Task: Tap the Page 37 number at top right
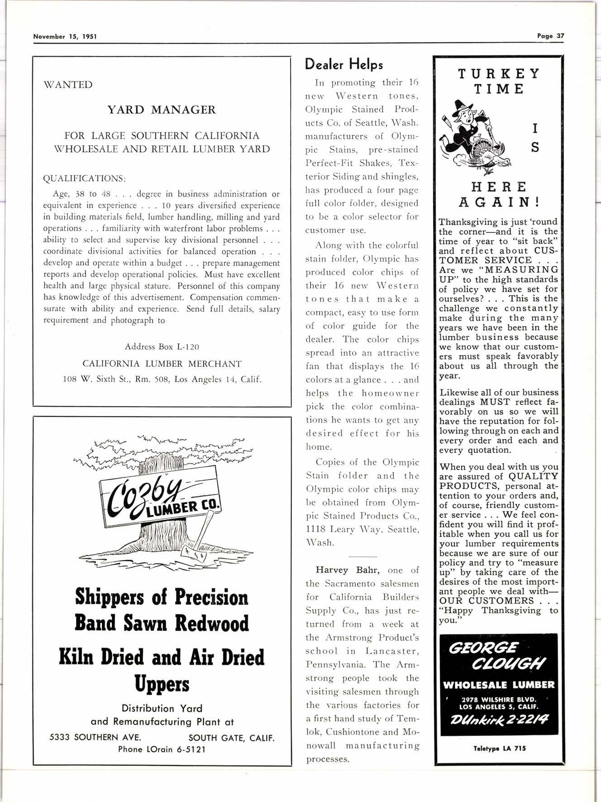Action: [551, 36]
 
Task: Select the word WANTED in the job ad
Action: [68, 85]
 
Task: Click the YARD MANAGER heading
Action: [162, 110]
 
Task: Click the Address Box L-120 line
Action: [162, 347]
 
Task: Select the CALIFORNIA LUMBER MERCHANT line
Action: [162, 364]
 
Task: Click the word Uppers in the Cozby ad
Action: [162, 684]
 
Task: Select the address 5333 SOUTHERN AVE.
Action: [95, 737]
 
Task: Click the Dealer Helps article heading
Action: [344, 64]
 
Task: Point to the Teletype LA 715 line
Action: [500, 749]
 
